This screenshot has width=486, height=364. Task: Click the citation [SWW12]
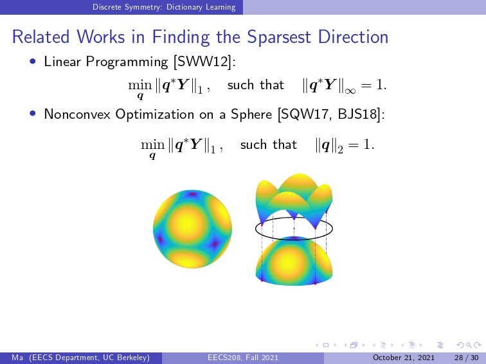coord(205,62)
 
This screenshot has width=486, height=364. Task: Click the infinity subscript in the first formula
coord(350,91)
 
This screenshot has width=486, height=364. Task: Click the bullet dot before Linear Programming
coord(33,61)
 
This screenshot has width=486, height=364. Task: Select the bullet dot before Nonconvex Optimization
coord(33,114)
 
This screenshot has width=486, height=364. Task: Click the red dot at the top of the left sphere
coord(192,194)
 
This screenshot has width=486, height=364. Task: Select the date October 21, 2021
coord(404,358)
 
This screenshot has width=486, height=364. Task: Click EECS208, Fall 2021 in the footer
coord(243,358)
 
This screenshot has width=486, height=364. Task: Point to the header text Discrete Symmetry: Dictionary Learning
coord(164,7)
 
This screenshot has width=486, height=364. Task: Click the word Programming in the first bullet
coord(127,62)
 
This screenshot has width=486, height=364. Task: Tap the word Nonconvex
coord(77,114)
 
